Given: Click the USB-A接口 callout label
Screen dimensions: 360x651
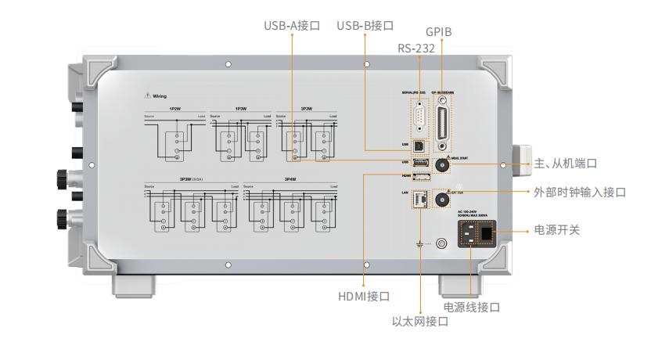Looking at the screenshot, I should pyautogui.click(x=292, y=25).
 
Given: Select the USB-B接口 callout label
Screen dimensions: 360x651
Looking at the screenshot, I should pyautogui.click(x=365, y=25).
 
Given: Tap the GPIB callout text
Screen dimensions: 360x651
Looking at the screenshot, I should pyautogui.click(x=439, y=32).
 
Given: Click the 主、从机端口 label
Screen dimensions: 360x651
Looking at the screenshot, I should pyautogui.click(x=564, y=164).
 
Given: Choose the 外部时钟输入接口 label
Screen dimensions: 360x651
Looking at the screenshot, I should pyautogui.click(x=579, y=192).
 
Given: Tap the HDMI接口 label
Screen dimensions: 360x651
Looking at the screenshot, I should pyautogui.click(x=364, y=297).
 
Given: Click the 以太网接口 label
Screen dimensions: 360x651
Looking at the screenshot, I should pyautogui.click(x=419, y=322).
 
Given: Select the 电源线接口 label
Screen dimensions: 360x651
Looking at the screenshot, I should pyautogui.click(x=471, y=308).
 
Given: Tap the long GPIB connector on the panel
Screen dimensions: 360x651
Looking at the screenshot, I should pyautogui.click(x=444, y=121).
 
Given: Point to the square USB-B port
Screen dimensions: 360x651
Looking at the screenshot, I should pyautogui.click(x=419, y=146).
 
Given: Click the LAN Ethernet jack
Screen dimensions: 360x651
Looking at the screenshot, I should pyautogui.click(x=418, y=199).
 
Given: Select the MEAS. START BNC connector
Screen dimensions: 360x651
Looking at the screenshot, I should pyautogui.click(x=443, y=165).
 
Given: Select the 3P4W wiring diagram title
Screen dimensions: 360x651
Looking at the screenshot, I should pyautogui.click(x=290, y=179).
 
